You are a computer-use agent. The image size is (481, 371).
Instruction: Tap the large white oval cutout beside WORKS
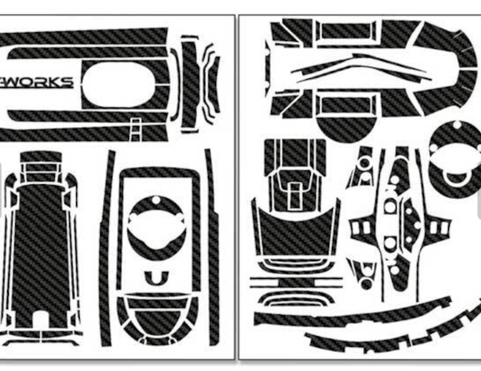(118, 84)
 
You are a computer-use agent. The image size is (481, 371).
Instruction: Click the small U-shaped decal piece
(157, 278)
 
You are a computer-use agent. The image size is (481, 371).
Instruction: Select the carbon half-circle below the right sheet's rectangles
(346, 129)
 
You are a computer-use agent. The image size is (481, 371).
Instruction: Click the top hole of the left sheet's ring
(156, 200)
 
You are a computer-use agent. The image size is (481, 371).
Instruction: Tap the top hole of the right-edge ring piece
(457, 125)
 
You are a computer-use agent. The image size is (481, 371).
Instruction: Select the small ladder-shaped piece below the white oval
(135, 129)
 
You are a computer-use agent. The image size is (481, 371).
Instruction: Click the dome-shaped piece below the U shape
(157, 319)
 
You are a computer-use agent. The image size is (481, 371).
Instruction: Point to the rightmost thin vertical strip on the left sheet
(212, 247)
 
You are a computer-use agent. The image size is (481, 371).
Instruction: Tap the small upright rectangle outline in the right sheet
(295, 196)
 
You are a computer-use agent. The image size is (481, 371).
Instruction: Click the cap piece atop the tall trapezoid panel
(41, 157)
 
